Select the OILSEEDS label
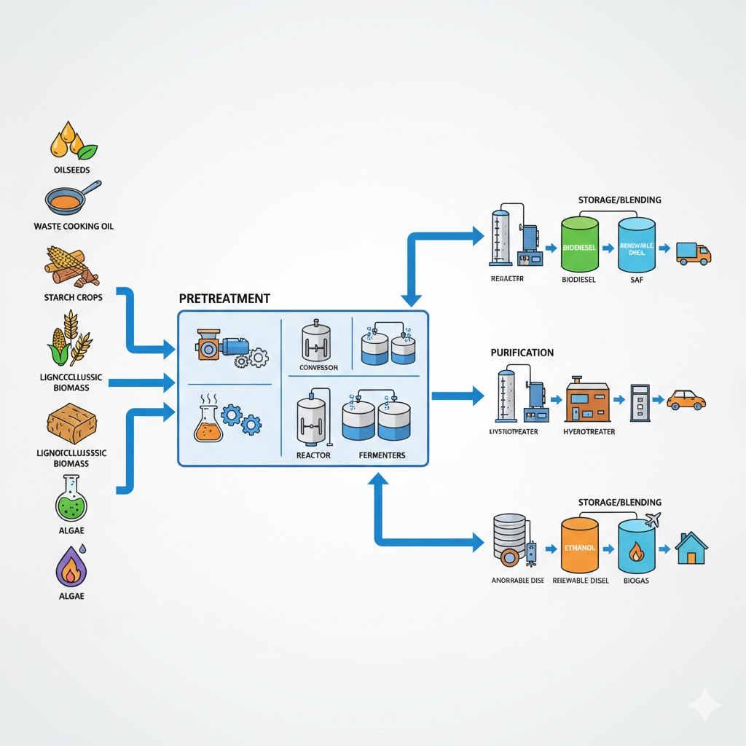72,169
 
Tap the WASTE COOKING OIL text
74,227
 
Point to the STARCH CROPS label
72,297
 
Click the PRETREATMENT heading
224,299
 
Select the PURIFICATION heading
522,353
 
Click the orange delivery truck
693,253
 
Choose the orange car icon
686,399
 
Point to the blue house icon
691,548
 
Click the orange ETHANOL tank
580,546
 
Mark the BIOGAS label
637,581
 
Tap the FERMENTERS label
382,455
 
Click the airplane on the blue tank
652,520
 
